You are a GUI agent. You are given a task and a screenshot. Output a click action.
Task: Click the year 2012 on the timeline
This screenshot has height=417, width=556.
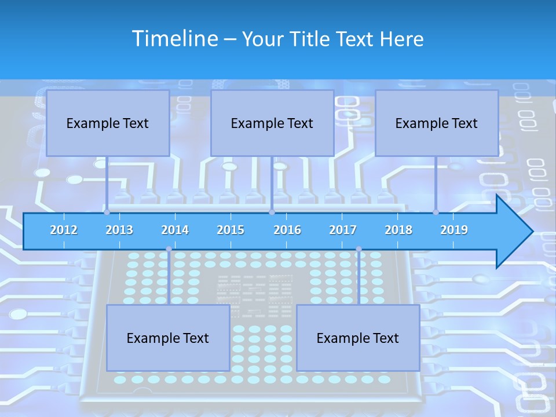(64, 230)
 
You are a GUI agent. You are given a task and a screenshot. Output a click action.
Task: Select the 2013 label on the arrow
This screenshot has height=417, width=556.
(119, 230)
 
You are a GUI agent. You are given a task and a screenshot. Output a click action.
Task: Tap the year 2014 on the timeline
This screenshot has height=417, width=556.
(175, 230)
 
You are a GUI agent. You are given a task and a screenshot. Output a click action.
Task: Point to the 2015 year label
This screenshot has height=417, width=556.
(231, 230)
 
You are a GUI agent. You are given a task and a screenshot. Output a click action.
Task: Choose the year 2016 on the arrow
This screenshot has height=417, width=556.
(287, 230)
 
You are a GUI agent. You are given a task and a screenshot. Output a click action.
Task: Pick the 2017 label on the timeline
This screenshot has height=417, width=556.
(343, 230)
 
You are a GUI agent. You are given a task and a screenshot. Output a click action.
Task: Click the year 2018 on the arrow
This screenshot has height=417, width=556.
(398, 230)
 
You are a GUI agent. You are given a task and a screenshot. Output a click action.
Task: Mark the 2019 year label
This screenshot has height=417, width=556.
(454, 230)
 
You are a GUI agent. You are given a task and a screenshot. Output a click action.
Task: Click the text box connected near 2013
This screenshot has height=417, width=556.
(108, 123)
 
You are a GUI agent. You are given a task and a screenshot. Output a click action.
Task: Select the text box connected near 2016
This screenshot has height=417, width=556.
(272, 123)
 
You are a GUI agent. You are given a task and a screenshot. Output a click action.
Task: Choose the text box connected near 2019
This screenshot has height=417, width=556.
(437, 123)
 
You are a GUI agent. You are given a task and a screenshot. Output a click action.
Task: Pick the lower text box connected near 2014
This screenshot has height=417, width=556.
(168, 338)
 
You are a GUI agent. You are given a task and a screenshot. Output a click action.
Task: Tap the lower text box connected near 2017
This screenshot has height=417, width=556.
(358, 338)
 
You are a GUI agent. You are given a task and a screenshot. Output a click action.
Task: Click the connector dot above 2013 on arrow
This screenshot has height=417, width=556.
(107, 212)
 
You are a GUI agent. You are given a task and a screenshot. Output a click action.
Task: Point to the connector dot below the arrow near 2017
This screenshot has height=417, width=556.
(359, 249)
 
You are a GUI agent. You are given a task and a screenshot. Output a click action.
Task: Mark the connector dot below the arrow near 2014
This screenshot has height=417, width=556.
(169, 249)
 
